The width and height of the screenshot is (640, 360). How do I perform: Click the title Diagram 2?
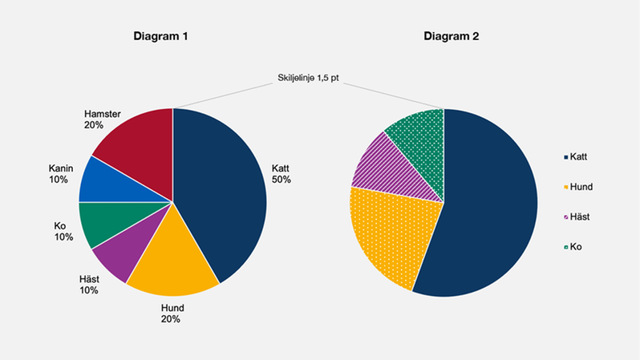tap(452, 37)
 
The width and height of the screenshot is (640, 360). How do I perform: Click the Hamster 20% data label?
tap(103, 119)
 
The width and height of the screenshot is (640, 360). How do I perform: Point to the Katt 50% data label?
tap(281, 173)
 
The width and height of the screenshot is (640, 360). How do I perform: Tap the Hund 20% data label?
tap(172, 313)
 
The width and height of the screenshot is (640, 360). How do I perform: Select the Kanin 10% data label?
tap(61, 173)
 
